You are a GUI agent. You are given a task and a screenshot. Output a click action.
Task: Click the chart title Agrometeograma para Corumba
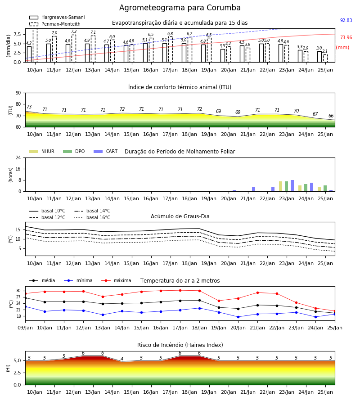(180, 8)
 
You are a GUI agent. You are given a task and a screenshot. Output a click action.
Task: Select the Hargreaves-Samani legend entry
(57, 17)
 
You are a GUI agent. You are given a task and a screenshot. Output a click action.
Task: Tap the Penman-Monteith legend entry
(55, 24)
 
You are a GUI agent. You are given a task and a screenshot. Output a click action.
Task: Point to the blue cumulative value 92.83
(346, 20)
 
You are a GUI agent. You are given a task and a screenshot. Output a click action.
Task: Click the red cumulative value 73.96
(346, 37)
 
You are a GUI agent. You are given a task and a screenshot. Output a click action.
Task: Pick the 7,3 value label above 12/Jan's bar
(74, 31)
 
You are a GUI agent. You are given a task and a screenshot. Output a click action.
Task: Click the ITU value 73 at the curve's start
(29, 107)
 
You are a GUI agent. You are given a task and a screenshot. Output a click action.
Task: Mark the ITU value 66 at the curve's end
(331, 116)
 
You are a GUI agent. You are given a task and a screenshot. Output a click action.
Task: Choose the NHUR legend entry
(41, 151)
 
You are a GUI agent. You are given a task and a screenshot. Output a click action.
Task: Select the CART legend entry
(106, 151)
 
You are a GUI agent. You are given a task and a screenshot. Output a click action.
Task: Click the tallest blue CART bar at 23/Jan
(292, 186)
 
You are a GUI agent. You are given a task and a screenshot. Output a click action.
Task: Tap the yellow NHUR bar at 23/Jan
(281, 186)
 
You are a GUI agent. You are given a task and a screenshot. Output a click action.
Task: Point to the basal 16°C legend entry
(92, 217)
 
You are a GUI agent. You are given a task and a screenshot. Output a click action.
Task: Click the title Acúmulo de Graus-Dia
(180, 216)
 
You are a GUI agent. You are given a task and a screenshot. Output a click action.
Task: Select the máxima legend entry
(116, 280)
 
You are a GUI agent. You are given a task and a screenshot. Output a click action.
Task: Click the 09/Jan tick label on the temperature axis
(25, 328)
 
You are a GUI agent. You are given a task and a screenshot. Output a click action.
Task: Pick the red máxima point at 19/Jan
(219, 301)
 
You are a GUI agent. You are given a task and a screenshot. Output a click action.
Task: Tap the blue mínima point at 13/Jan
(103, 315)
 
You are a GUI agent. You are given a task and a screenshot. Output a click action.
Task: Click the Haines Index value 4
(122, 359)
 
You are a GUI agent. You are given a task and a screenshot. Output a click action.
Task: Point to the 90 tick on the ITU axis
(18, 93)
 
